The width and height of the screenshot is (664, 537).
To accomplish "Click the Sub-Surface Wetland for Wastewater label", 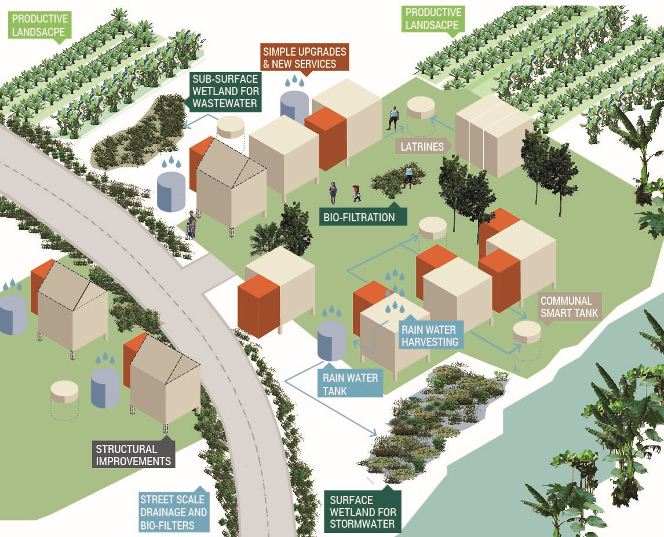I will point(226,91).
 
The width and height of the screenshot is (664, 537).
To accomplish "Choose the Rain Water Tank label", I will point(350,384).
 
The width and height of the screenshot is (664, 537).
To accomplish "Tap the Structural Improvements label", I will point(134,455).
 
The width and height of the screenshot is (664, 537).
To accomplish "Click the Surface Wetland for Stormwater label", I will point(363,512).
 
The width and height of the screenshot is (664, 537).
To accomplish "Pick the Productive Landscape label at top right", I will point(432,19).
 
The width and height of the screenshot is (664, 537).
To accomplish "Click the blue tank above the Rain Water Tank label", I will point(331,341).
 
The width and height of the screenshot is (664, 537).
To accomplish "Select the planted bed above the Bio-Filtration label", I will point(395,181).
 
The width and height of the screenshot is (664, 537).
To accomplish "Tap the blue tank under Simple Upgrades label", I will point(294,105).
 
